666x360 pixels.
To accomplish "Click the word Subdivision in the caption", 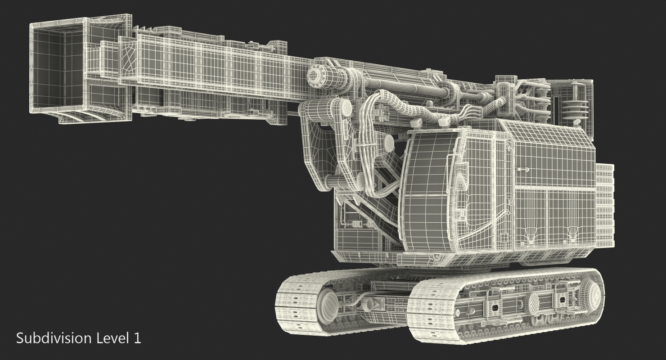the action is point(54,338).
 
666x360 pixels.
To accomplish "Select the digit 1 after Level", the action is point(137,338).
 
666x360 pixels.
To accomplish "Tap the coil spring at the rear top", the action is point(574,110).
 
